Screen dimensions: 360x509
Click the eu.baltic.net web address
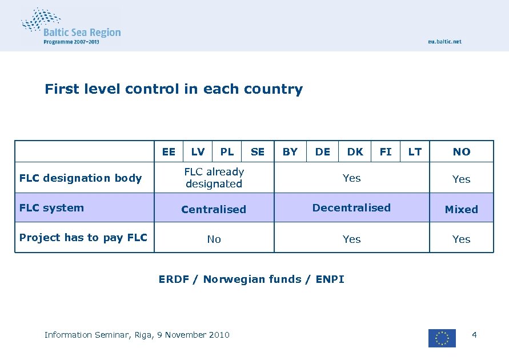[x=444, y=42]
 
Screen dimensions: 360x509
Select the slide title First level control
[x=174, y=89]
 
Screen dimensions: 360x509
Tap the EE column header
[x=169, y=151]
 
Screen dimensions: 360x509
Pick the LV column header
[x=198, y=151]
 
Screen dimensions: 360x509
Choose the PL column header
[x=227, y=151]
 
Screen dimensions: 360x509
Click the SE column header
[x=258, y=151]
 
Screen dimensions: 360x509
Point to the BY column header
[x=290, y=151]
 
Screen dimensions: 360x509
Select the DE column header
[x=323, y=151]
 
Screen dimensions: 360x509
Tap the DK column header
[x=355, y=151]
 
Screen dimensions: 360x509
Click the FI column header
[x=386, y=151]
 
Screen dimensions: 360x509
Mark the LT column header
[x=415, y=151]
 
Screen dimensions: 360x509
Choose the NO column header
[x=462, y=151]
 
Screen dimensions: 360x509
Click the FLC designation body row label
[x=81, y=178]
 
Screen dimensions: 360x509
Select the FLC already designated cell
[x=214, y=178]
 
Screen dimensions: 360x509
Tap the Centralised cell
[x=214, y=209]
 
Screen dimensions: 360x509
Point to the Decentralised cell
[x=351, y=208]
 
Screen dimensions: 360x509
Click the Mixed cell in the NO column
[x=462, y=209]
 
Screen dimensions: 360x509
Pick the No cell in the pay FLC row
[x=214, y=239]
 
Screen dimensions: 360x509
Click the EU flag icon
[x=442, y=338]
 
